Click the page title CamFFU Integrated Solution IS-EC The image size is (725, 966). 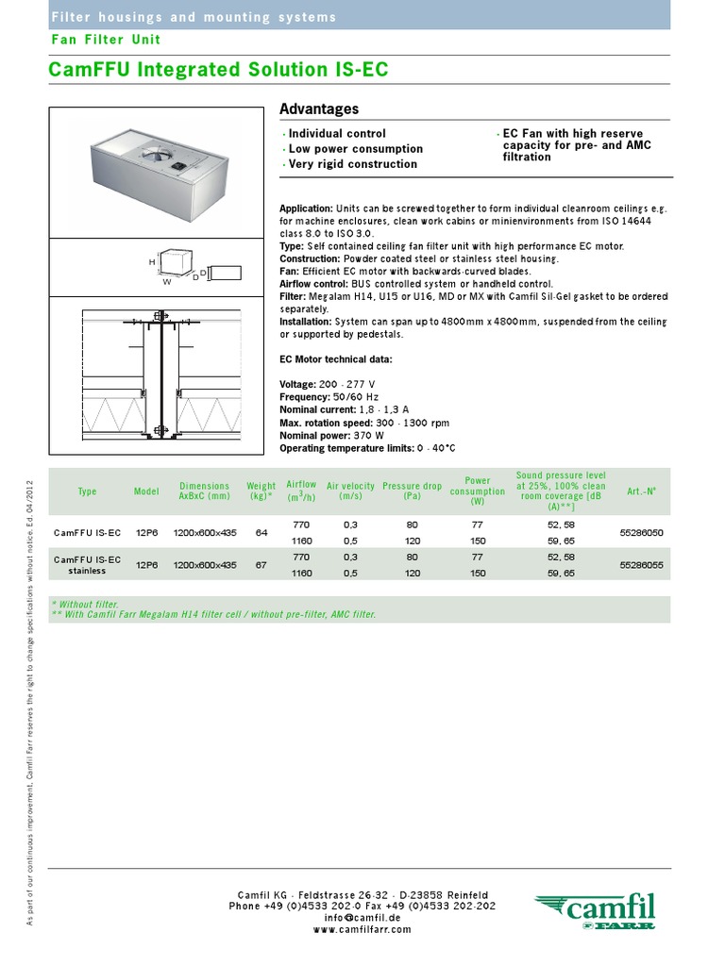[218, 71]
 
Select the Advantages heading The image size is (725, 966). [319, 109]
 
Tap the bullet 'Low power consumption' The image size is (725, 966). [355, 149]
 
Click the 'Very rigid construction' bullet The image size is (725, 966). [352, 164]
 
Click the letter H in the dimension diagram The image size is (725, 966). [151, 260]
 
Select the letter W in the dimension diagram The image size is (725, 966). [167, 280]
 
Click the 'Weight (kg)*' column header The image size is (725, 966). [261, 491]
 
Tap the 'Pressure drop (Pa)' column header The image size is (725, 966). [412, 491]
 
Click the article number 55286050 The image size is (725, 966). [641, 533]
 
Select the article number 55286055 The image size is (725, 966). [641, 565]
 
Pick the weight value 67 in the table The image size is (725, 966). [261, 565]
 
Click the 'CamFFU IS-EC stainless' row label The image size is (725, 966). [87, 565]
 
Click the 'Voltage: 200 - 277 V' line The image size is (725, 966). [328, 384]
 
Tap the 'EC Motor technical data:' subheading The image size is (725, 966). [335, 359]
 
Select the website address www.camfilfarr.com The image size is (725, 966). [362, 929]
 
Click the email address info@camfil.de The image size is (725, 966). [362, 917]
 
